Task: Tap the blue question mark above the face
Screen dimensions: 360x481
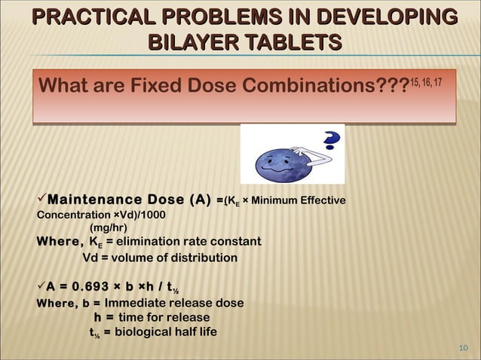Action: (x=331, y=141)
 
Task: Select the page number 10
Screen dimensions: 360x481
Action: (x=464, y=347)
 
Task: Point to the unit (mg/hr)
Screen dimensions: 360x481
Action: (x=109, y=227)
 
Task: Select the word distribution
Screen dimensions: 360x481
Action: (x=204, y=258)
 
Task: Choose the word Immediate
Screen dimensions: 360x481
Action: (x=132, y=303)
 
